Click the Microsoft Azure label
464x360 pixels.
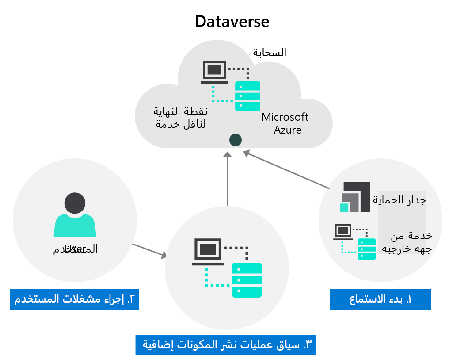tap(285, 123)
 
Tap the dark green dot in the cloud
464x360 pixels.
tap(235, 140)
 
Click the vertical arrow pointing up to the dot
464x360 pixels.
tap(227, 177)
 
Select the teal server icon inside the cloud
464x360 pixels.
tap(247, 96)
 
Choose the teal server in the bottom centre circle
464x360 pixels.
tap(247, 280)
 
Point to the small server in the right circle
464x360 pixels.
tap(366, 249)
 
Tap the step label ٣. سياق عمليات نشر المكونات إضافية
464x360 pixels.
tap(228, 344)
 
